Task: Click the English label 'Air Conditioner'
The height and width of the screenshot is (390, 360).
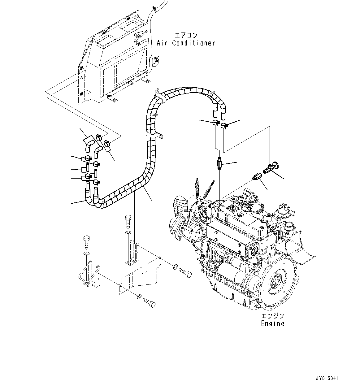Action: [x=186, y=43]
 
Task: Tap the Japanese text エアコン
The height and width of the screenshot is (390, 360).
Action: [x=186, y=35]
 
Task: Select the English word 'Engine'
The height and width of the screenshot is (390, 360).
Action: [x=272, y=323]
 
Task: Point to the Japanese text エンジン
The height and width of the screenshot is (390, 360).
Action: [x=272, y=316]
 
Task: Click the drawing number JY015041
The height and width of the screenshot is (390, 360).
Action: [x=327, y=379]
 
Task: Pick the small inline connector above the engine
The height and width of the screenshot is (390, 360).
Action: [x=219, y=163]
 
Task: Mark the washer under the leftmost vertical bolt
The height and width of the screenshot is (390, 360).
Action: [x=86, y=253]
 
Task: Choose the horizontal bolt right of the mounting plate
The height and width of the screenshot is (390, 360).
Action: [x=185, y=272]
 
